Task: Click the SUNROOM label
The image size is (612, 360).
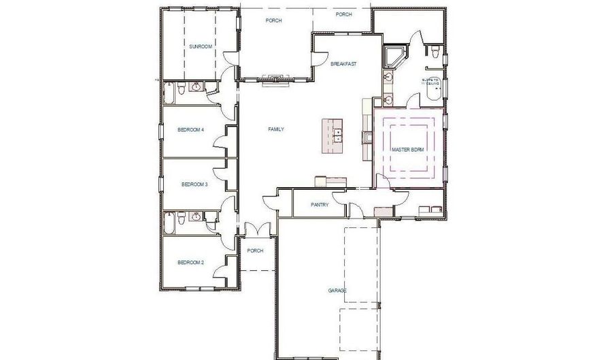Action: pos(201,46)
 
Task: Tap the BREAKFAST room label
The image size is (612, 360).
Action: pos(343,64)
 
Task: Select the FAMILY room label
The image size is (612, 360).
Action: pos(276,129)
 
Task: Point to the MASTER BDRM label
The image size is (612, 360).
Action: pos(408,149)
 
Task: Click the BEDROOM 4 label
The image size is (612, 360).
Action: pos(191,129)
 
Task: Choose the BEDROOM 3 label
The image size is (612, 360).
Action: pos(194,184)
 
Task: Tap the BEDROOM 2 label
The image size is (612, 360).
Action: pos(191,262)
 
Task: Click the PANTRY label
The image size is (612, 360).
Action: pos(320,204)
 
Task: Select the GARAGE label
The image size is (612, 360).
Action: pos(338,291)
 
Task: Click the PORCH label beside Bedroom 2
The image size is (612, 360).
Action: pos(255,250)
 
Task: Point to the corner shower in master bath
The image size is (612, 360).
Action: pos(394,56)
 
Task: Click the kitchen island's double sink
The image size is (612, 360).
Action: pos(337,134)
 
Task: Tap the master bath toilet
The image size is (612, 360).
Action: pos(433,52)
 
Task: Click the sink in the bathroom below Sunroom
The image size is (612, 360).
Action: pos(197,87)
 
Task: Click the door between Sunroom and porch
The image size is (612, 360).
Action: pos(231,60)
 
